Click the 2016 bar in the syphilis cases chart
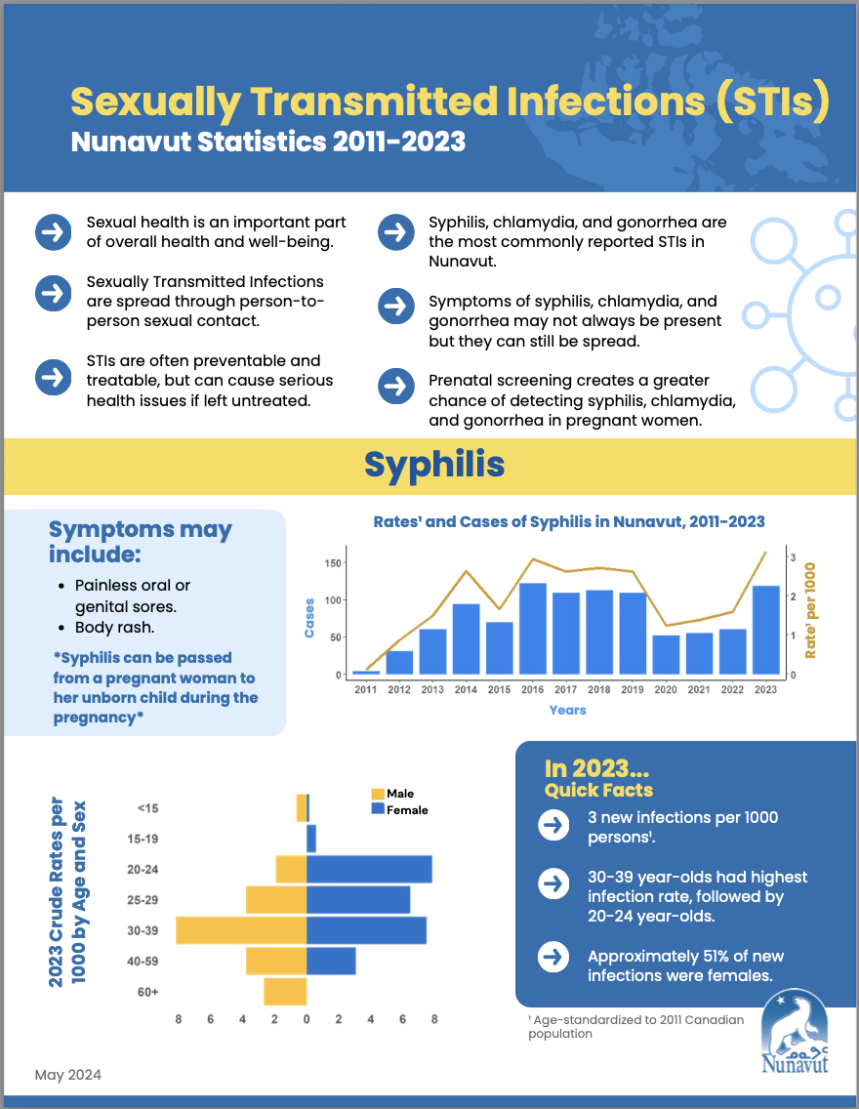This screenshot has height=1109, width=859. pos(532,629)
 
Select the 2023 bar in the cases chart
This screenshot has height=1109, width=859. pos(765,631)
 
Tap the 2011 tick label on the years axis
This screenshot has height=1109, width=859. pos(365,689)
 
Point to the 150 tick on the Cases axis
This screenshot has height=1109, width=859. pos(333,563)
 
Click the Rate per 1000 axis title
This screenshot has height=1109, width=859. pos(810,610)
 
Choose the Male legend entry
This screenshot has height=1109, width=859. pos(392,794)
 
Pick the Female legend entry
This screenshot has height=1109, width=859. pos(399,810)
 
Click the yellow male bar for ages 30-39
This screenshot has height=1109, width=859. pos(241,930)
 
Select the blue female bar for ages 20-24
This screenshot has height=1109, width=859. pos(369,869)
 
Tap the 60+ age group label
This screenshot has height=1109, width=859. pos(147,992)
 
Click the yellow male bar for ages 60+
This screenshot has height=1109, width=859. pos(285,992)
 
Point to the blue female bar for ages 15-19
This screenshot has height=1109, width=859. pos(311,839)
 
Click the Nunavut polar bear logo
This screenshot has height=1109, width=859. pos(795,1031)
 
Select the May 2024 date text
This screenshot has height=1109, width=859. pos(68,1075)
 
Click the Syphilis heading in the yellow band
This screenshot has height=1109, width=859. pos(434,465)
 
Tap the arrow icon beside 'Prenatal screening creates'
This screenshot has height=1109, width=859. pos(396,387)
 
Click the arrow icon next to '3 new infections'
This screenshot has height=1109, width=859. pos(553,825)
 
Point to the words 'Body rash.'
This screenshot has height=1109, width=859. pos(114,628)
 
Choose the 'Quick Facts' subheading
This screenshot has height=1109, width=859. pos(598,790)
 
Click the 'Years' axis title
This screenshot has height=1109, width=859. pos(567,710)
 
